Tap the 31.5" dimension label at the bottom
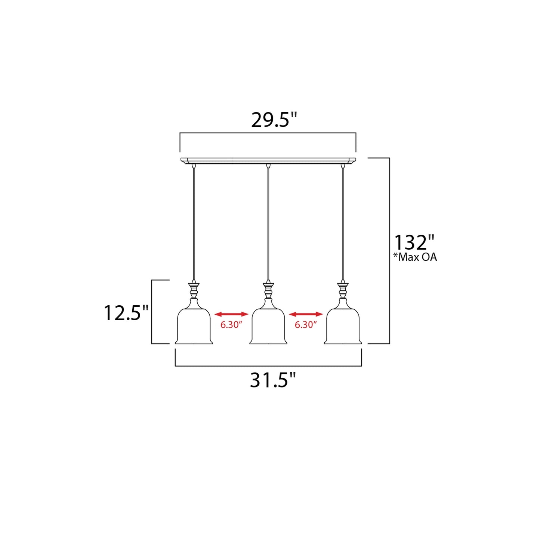(x=272, y=380)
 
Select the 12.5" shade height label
(x=126, y=313)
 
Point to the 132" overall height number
(x=414, y=243)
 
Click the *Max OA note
(x=415, y=257)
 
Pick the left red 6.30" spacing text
(x=231, y=325)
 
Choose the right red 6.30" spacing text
(x=306, y=325)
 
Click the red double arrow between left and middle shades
(x=231, y=314)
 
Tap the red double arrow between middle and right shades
(x=306, y=314)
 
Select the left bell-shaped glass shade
(x=194, y=327)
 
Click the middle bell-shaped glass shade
(x=268, y=327)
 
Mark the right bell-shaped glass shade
(x=343, y=327)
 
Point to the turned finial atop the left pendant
(x=194, y=291)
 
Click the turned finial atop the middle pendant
(x=268, y=291)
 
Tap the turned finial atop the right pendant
(x=343, y=291)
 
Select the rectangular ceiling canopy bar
(x=268, y=160)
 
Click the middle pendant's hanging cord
(x=268, y=224)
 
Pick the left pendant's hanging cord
(x=194, y=224)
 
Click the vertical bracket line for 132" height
(x=389, y=209)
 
